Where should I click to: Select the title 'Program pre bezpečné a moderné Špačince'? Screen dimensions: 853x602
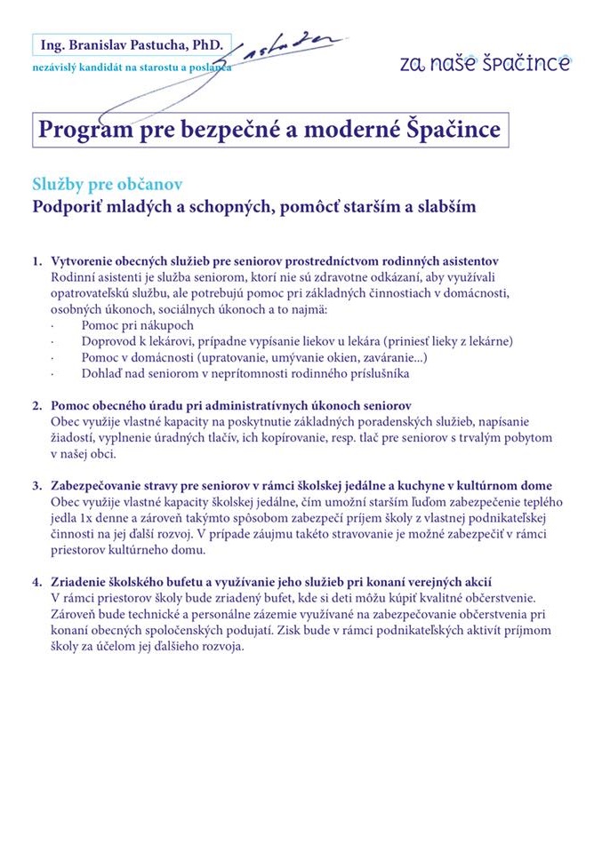click(269, 130)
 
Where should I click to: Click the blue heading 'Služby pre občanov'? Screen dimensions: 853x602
click(108, 184)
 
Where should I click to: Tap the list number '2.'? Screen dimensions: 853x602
click(37, 405)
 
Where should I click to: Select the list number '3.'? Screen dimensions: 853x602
click(37, 486)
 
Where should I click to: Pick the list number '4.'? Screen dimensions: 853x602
click(37, 582)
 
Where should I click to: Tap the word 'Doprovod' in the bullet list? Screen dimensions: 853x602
click(108, 341)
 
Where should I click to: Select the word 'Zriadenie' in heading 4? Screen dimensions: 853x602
click(80, 582)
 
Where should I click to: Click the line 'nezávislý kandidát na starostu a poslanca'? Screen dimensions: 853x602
click(131, 68)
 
